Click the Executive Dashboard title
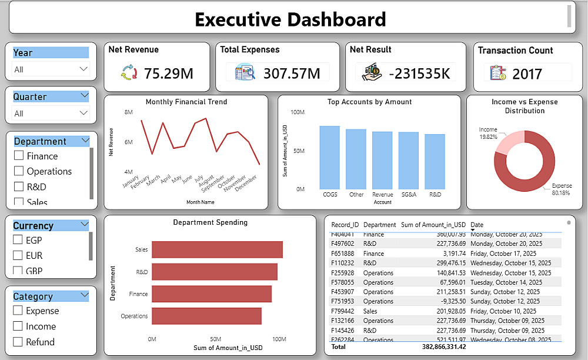[x=290, y=19]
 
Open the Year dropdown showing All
[x=51, y=69]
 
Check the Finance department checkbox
[x=19, y=156]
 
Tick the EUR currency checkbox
[x=18, y=255]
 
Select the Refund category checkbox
[x=18, y=342]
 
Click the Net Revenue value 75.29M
[x=169, y=74]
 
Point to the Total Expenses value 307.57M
[x=291, y=74]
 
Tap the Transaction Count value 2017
[x=527, y=74]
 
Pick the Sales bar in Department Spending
[x=217, y=249]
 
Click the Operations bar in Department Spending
[x=206, y=316]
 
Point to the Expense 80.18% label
[x=562, y=189]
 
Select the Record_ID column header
[x=345, y=225]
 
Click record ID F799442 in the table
[x=342, y=311]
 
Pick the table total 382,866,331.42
[x=433, y=347]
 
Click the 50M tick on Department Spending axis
[x=216, y=339]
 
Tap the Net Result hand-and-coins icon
[x=372, y=74]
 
